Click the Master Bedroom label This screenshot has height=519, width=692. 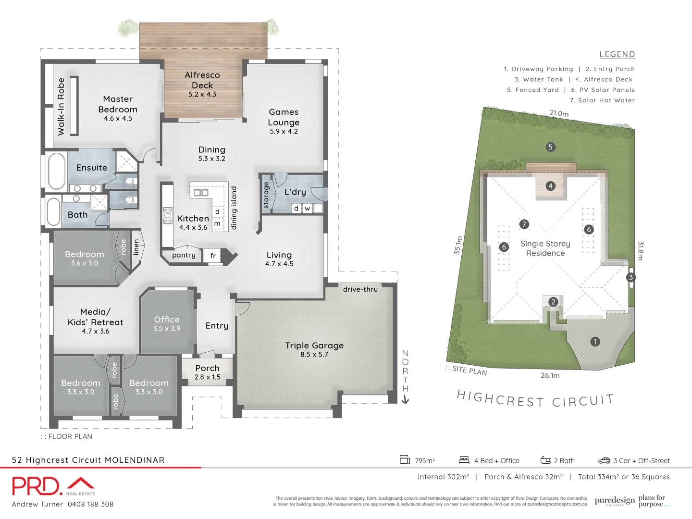(118, 104)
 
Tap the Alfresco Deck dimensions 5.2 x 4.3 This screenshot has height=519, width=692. (202, 95)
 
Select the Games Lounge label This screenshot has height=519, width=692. (284, 117)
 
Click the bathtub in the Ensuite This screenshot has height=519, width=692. (56, 172)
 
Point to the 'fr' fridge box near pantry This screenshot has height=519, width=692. (213, 256)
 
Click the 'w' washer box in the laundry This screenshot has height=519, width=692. (307, 209)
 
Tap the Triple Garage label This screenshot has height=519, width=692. (314, 346)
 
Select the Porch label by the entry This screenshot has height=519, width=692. (207, 368)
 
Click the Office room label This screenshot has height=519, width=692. (167, 320)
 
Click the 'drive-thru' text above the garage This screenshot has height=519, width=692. (360, 289)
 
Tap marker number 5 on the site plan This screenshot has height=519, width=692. (551, 147)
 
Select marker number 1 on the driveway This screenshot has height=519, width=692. (595, 342)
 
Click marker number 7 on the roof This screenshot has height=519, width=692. (524, 224)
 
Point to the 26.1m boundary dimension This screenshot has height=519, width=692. (550, 375)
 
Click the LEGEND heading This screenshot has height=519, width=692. (617, 54)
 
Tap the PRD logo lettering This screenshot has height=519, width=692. (37, 486)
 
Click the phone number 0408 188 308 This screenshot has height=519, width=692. (90, 504)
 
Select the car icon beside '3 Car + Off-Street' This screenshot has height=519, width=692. (604, 460)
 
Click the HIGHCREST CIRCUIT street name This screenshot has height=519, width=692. (535, 399)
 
